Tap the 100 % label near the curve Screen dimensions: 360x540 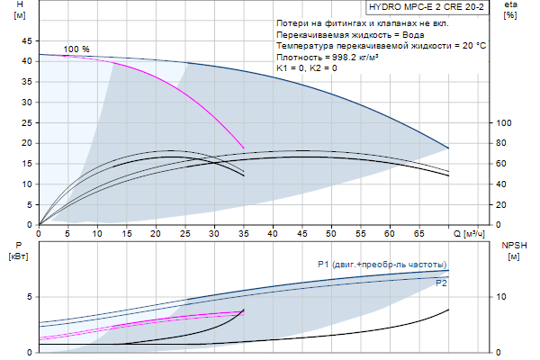pyautogui.click(x=76, y=49)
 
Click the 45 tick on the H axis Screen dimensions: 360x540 pyautogui.click(x=26, y=40)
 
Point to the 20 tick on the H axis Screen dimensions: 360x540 pyautogui.click(x=26, y=143)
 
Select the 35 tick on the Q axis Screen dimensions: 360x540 pyautogui.click(x=243, y=234)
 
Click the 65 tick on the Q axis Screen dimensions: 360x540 pyautogui.click(x=418, y=234)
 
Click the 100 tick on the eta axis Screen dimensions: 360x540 pyautogui.click(x=504, y=123)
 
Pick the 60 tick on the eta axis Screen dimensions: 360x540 pyautogui.click(x=504, y=164)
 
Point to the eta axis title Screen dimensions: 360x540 pyautogui.click(x=510, y=10)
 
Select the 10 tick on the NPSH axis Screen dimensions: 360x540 pyautogui.click(x=504, y=296)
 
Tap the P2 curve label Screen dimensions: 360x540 pyautogui.click(x=441, y=283)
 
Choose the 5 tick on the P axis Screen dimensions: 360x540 pyautogui.click(x=29, y=296)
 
